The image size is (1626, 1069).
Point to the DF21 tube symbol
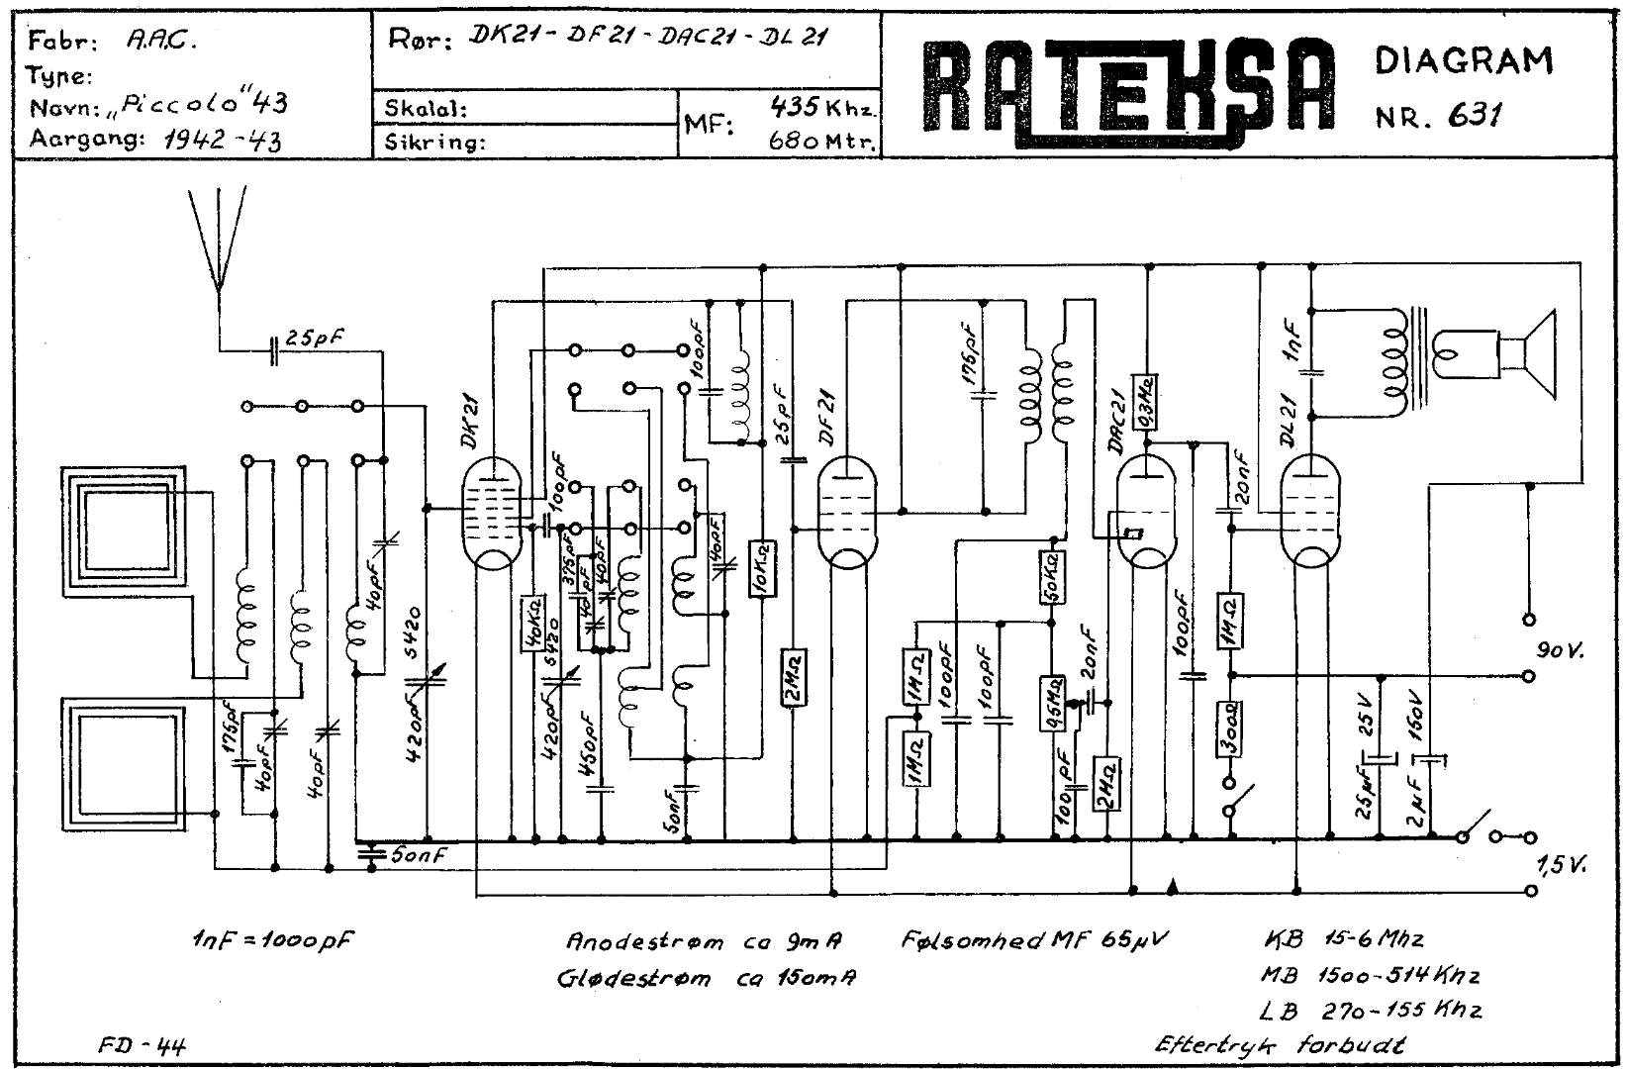(x=848, y=515)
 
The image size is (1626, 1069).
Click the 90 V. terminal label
(x=1560, y=651)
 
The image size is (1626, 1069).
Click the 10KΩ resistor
(x=761, y=568)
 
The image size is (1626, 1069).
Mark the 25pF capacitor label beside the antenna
(x=315, y=337)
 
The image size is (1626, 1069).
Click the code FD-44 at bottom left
(x=142, y=1044)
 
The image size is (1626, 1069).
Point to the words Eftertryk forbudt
(x=1283, y=1043)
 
